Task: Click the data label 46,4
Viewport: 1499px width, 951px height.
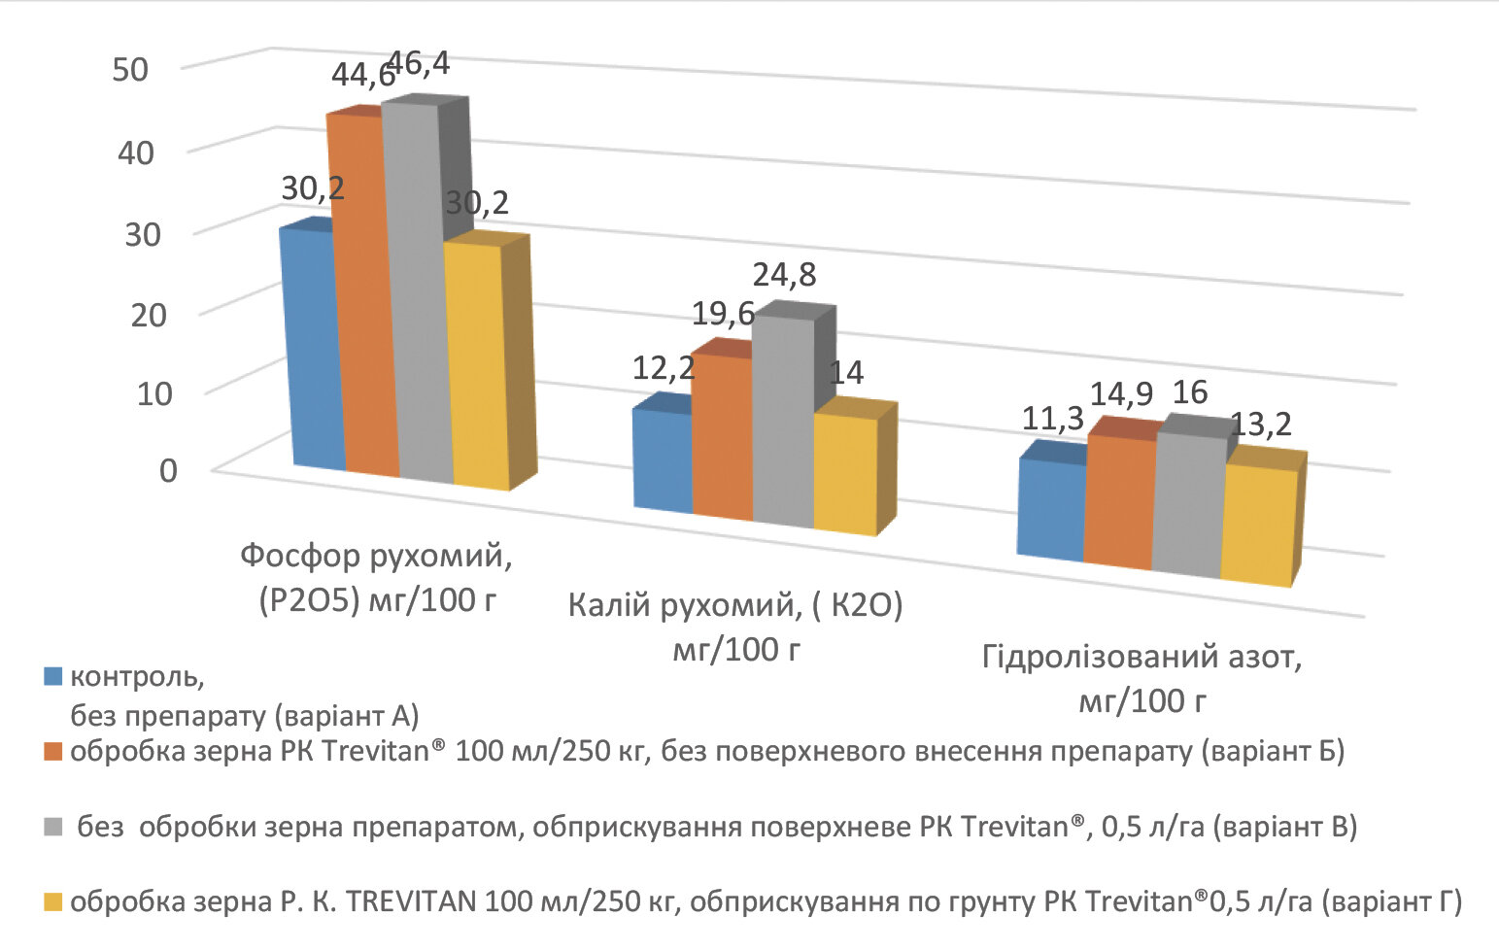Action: coord(420,64)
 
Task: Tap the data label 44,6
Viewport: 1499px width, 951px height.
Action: coord(361,76)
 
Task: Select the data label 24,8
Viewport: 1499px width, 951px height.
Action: coord(785,275)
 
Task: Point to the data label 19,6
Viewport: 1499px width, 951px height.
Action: coord(723,314)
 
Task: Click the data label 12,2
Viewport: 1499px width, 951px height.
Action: coord(664,368)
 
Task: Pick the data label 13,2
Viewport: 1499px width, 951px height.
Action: coord(1261,425)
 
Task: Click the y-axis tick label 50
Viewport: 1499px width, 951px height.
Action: coord(130,70)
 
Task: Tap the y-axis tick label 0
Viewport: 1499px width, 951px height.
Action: coord(168,470)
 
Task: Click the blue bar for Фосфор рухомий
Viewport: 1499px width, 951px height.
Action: coord(312,350)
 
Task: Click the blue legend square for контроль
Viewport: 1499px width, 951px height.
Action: coord(53,677)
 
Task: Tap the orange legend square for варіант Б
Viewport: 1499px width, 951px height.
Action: coord(53,752)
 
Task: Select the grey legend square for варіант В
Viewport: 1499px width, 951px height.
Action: coord(53,827)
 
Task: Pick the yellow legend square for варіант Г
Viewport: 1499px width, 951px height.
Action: coord(53,901)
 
